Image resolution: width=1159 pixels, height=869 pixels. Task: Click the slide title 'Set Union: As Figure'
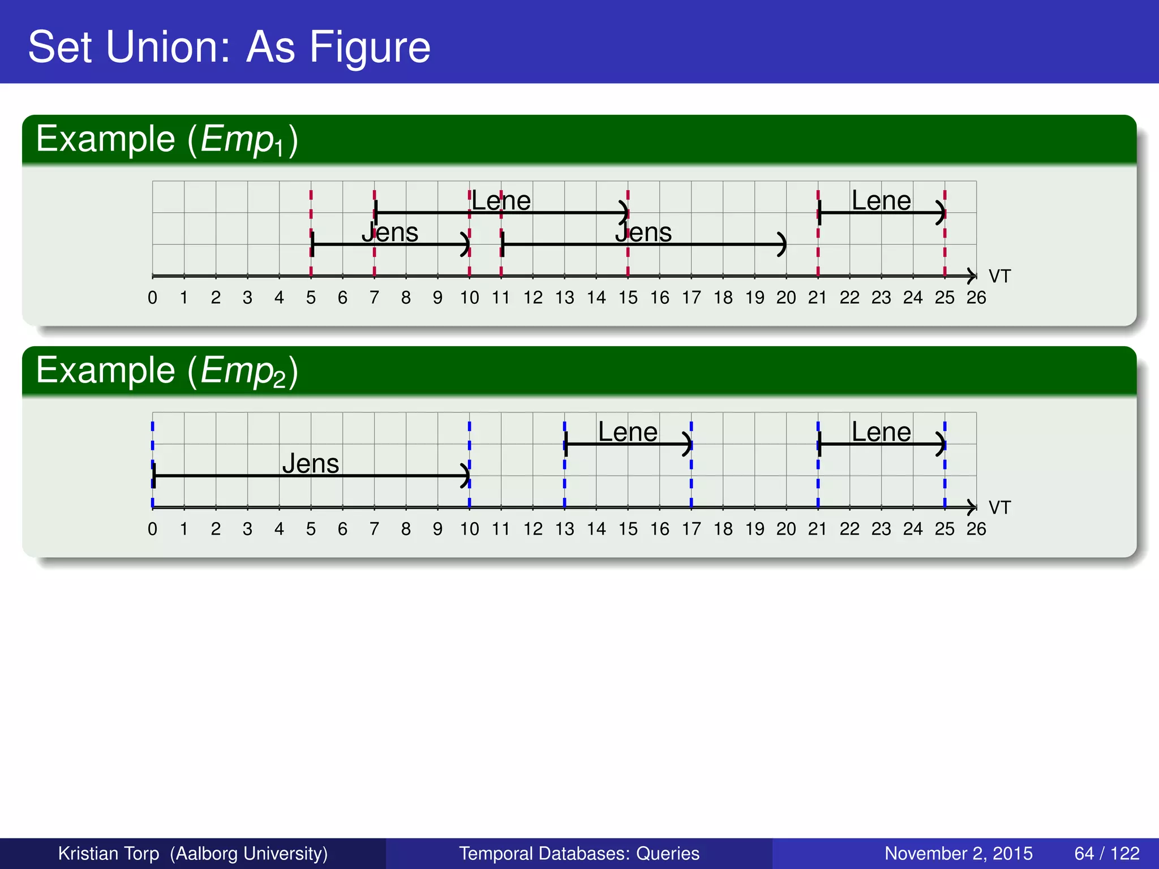click(229, 47)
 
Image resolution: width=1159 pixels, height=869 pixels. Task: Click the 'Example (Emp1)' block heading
click(167, 139)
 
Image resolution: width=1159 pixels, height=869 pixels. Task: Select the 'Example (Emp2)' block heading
click(167, 371)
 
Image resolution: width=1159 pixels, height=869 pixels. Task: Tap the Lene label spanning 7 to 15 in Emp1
click(501, 201)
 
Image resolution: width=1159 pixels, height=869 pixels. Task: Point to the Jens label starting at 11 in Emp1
click(643, 233)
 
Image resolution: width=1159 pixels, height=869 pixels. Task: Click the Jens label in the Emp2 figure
click(311, 464)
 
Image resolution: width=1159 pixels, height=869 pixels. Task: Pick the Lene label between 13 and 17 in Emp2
click(628, 432)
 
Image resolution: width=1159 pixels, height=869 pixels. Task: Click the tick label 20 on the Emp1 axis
click(786, 298)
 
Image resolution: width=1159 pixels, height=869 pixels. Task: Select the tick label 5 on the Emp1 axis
click(311, 298)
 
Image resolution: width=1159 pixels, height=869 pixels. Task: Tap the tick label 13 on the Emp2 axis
click(564, 529)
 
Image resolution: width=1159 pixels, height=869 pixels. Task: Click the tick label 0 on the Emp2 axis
click(152, 529)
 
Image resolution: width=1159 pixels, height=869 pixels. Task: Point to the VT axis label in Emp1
click(999, 276)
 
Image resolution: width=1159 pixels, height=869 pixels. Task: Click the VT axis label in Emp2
click(999, 507)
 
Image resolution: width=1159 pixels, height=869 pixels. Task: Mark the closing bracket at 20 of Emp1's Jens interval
click(782, 244)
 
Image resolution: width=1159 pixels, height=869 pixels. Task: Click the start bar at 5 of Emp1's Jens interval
click(312, 244)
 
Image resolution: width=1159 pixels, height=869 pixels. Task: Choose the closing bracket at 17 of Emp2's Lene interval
click(688, 444)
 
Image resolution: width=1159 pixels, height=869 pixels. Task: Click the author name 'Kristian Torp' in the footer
click(109, 853)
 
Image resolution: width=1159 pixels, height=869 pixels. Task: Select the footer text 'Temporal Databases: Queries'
click(579, 853)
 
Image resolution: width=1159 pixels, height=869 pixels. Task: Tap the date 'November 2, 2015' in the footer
click(958, 853)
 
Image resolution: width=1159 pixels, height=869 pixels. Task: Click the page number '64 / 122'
click(1107, 853)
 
